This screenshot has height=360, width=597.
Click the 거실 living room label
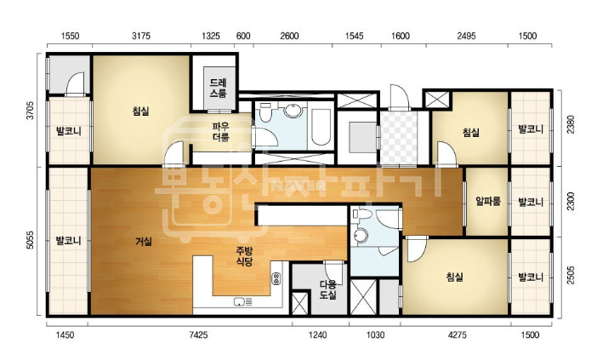click(x=144, y=242)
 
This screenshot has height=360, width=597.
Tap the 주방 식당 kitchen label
click(x=244, y=256)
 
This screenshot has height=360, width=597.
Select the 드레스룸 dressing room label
click(x=218, y=88)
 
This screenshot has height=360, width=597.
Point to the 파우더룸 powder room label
click(x=220, y=131)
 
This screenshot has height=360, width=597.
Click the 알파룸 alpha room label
click(x=488, y=201)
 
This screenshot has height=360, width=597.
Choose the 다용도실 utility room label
click(x=327, y=289)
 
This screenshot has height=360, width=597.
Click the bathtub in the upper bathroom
click(x=321, y=128)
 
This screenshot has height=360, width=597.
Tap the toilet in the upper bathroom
click(x=265, y=111)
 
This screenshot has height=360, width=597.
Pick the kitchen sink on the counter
click(x=240, y=302)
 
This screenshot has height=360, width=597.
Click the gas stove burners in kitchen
click(x=276, y=278)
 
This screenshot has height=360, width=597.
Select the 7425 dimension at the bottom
click(x=198, y=334)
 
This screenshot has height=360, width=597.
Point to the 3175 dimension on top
click(x=141, y=36)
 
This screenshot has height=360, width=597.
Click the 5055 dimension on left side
click(x=30, y=240)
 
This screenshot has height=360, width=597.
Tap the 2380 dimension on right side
click(x=571, y=124)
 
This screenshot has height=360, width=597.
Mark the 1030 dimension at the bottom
click(x=375, y=334)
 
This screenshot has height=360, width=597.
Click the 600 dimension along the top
click(x=243, y=36)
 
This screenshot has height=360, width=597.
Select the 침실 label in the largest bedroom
click(x=141, y=111)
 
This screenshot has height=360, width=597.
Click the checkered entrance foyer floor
click(x=399, y=138)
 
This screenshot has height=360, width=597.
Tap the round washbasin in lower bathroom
click(x=360, y=235)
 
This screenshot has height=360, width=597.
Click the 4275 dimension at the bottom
click(x=458, y=334)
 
